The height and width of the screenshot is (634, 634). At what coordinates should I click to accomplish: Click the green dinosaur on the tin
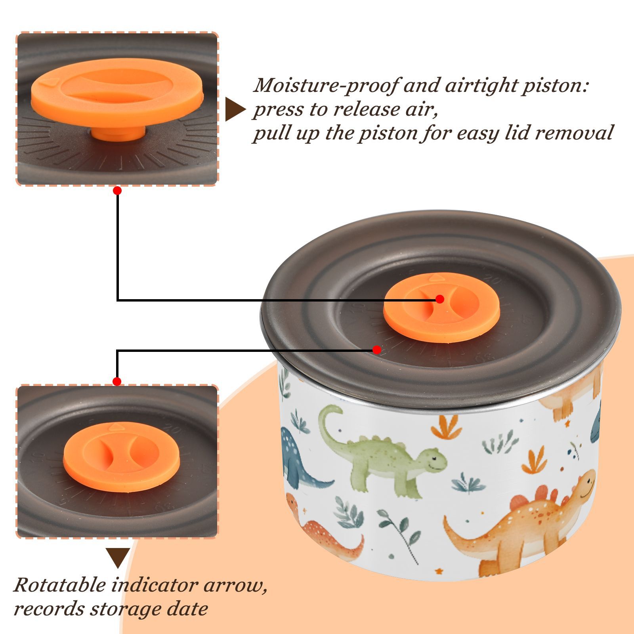380,452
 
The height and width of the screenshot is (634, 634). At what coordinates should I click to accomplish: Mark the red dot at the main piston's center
439,299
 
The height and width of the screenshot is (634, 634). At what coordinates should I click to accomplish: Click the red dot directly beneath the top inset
117,191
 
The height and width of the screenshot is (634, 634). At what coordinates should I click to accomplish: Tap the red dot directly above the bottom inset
117,382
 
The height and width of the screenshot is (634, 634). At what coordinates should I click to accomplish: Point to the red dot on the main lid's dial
377,350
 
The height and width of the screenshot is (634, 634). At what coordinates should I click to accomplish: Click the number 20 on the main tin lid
493,281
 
